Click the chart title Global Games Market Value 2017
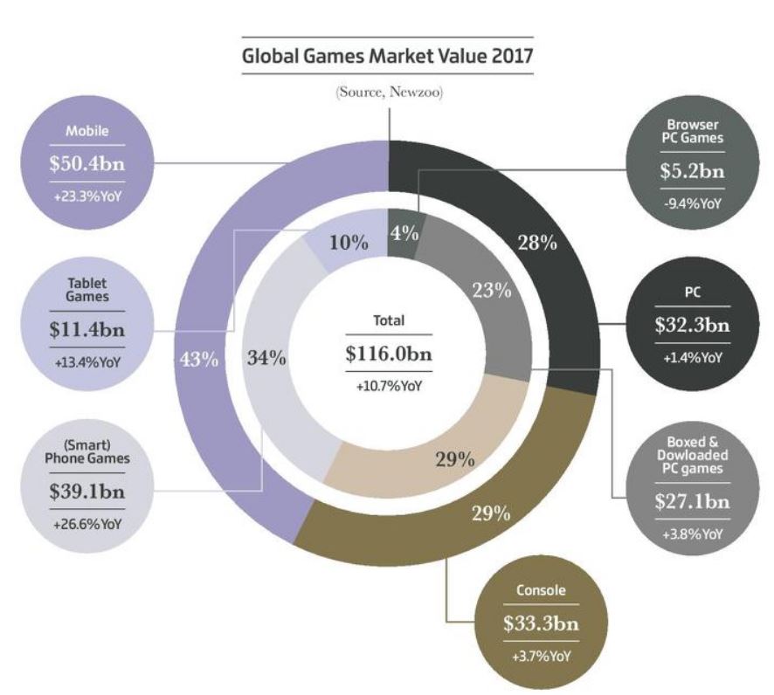pos(387,58)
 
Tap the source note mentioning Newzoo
pos(387,93)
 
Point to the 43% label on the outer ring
pos(198,360)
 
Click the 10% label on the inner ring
pos(347,242)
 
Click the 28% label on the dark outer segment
pos(536,243)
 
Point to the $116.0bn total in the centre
pos(389,355)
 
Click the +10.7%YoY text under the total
pos(389,385)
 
